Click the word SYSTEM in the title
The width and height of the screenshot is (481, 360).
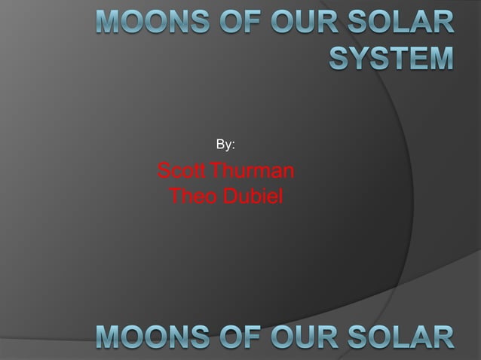click(391, 56)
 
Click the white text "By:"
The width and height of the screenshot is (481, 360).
click(225, 143)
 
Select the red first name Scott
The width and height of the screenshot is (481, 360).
click(182, 171)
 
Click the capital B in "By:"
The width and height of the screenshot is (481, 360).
click(220, 143)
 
